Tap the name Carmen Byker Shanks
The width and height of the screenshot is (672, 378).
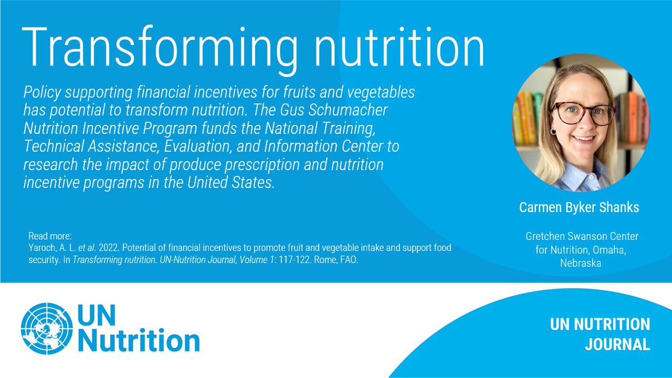[x=580, y=207]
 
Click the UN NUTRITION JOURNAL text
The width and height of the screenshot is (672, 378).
[x=600, y=334]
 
